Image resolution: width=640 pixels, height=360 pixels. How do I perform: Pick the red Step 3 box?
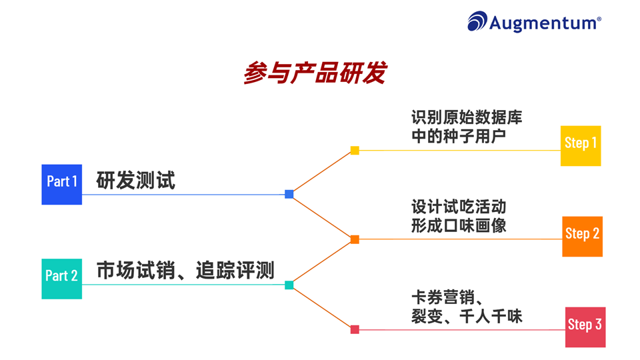pos(585,327)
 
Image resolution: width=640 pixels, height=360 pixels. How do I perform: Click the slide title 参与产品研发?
pos(315,73)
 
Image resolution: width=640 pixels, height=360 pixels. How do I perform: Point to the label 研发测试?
pos(136,181)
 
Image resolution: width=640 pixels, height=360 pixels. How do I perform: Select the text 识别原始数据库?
pos(467,118)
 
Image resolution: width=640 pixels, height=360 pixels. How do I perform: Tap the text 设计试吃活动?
pos(458,207)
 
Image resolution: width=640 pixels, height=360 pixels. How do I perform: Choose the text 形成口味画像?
pos(458,226)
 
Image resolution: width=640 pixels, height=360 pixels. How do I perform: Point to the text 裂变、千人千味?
pos(467,316)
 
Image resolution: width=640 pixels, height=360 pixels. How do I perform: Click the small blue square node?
pos(289,194)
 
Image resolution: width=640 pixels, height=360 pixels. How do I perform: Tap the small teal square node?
pos(289,285)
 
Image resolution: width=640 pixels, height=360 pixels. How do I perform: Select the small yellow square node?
pos(355,151)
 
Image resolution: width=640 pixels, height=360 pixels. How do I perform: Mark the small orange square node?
pos(355,239)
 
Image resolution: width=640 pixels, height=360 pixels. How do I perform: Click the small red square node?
pos(355,329)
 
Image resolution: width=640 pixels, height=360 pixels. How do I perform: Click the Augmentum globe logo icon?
pos(477,21)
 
